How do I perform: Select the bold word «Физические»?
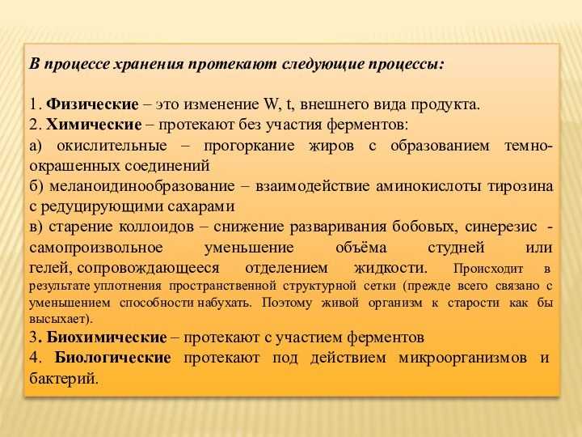(x=92, y=104)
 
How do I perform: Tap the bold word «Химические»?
(x=94, y=125)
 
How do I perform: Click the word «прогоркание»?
(x=249, y=146)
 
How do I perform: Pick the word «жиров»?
(x=331, y=146)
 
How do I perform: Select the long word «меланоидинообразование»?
(x=142, y=186)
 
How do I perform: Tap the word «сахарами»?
(x=200, y=206)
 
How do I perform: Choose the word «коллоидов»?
(x=156, y=227)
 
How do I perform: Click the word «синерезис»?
(x=500, y=227)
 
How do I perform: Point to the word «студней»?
(x=456, y=248)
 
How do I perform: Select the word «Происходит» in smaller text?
(x=488, y=269)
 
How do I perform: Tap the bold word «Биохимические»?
(x=107, y=337)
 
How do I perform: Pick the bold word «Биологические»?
(x=113, y=358)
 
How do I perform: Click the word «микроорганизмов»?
(x=462, y=359)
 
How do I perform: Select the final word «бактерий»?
(x=63, y=379)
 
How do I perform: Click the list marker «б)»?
(x=36, y=186)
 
